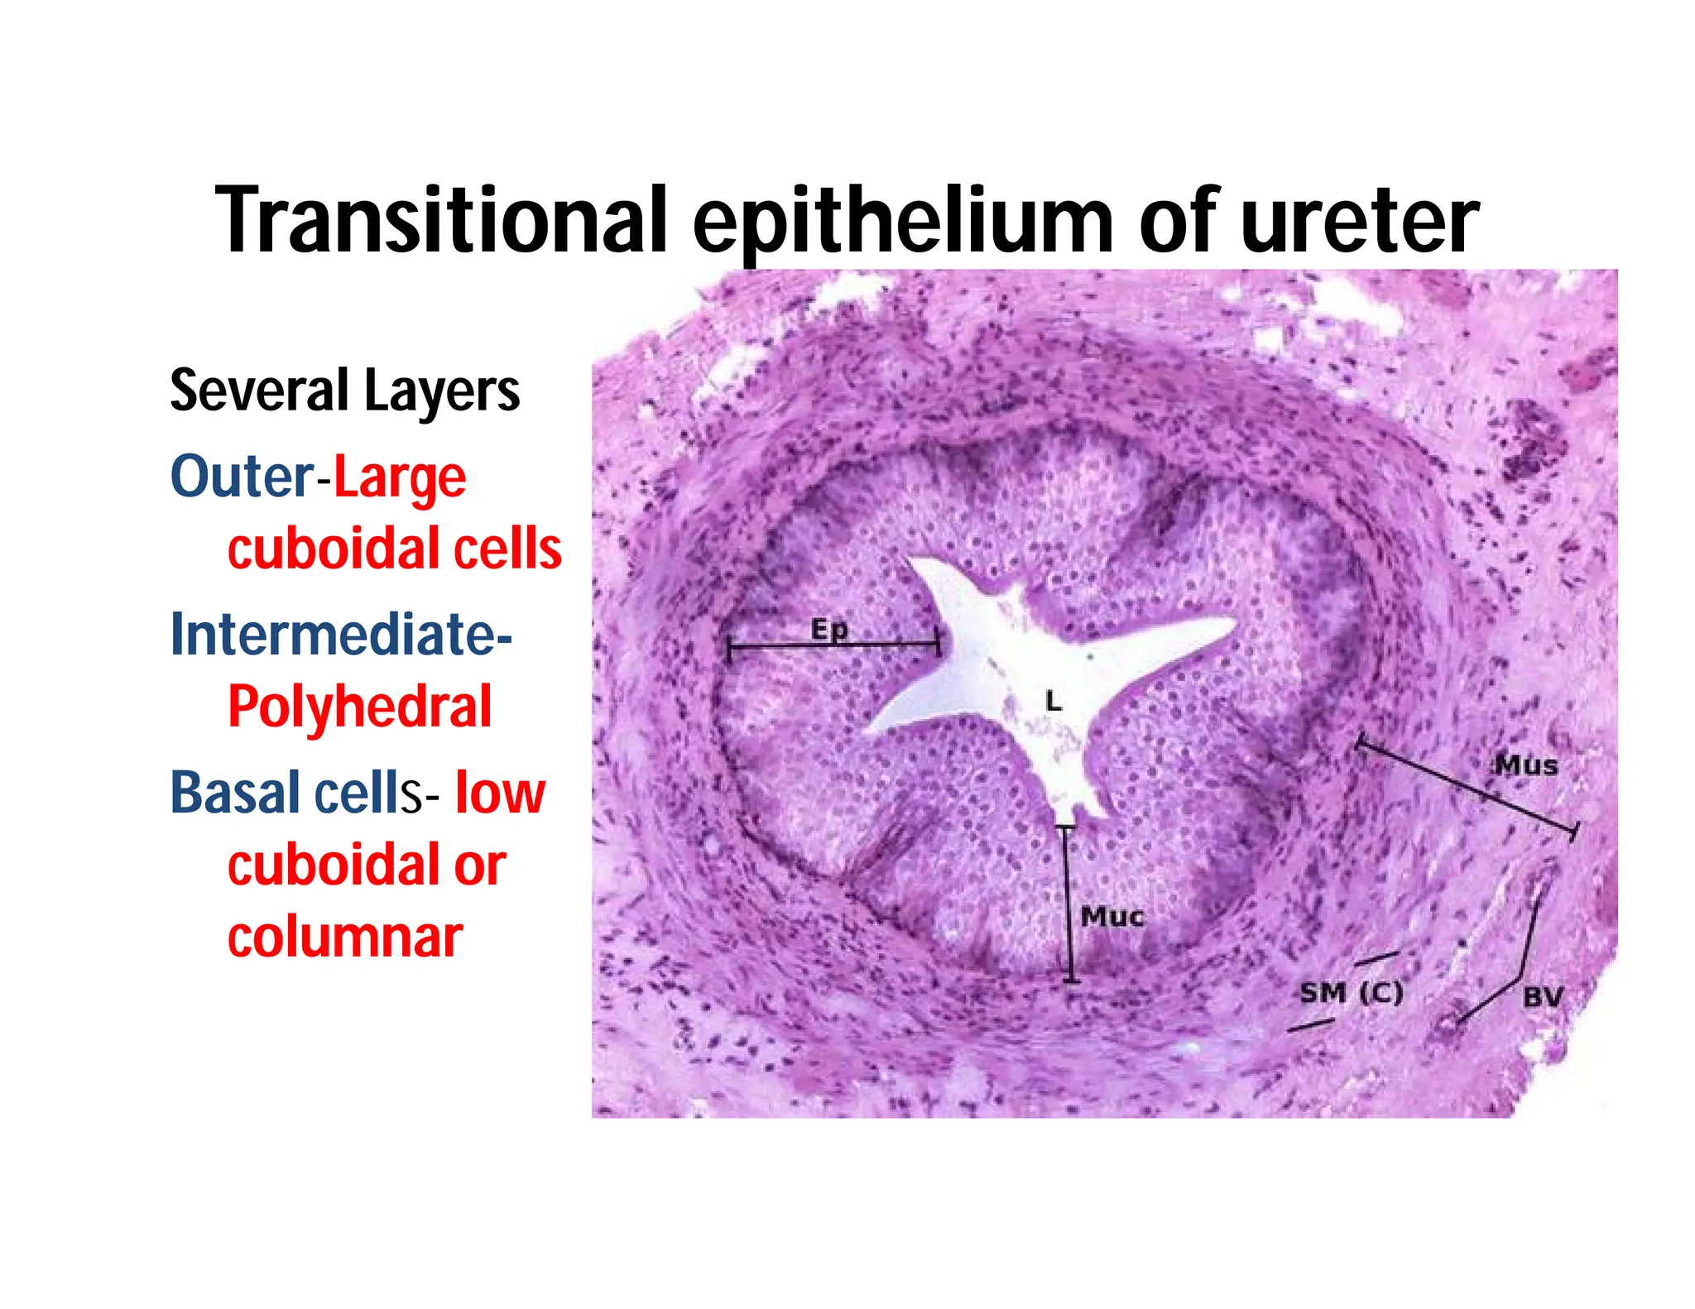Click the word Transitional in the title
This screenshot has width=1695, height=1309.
click(x=440, y=220)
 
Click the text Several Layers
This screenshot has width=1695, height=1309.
click(x=344, y=391)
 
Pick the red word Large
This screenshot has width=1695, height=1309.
click(x=400, y=478)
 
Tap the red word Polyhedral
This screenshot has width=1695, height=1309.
click(x=359, y=707)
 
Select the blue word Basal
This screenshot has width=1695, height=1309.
click(x=235, y=793)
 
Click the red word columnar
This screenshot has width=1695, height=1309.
click(x=344, y=937)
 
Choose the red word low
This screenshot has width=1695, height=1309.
click(x=500, y=793)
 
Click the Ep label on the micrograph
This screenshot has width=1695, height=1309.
click(x=828, y=629)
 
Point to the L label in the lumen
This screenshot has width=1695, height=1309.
click(x=1053, y=702)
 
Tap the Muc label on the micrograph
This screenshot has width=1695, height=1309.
click(x=1112, y=916)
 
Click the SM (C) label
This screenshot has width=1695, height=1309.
click(x=1351, y=992)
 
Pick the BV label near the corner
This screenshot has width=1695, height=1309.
click(x=1542, y=996)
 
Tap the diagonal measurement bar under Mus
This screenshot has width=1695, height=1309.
click(x=1465, y=787)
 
